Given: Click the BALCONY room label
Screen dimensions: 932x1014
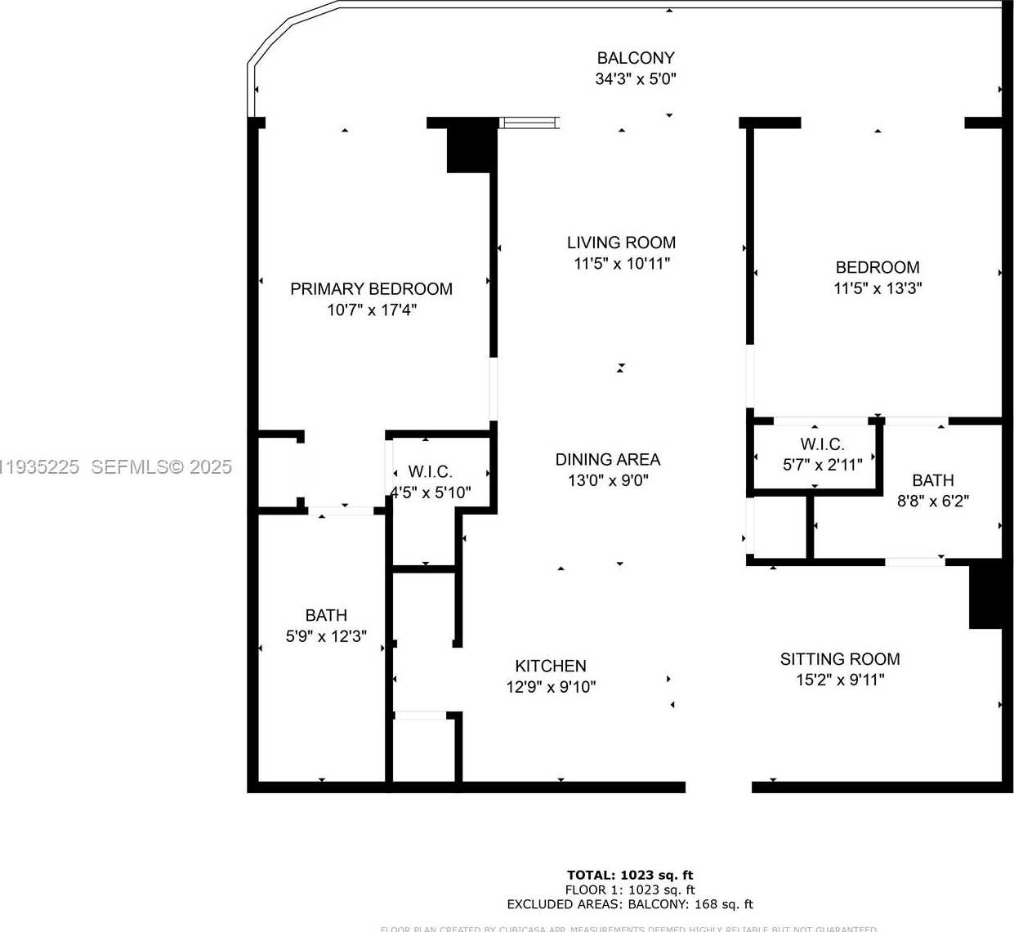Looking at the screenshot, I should [x=636, y=58].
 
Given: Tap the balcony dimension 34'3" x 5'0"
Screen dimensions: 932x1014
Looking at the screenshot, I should [x=636, y=79].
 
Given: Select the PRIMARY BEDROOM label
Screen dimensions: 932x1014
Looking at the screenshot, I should [x=371, y=289].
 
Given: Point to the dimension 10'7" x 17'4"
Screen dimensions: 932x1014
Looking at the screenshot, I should [x=372, y=310].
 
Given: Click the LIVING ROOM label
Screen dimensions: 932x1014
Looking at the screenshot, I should [x=621, y=243].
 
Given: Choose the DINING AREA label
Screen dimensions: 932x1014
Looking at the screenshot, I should [x=608, y=460].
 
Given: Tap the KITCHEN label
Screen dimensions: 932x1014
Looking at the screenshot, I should [x=551, y=667].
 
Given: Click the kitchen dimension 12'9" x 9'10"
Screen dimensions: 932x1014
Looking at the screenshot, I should [x=551, y=687].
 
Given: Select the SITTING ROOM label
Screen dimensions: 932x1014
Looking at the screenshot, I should [x=840, y=659].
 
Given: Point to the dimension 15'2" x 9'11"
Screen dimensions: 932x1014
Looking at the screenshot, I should [x=840, y=680].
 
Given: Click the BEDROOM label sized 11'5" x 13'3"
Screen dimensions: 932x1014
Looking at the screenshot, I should [x=878, y=268].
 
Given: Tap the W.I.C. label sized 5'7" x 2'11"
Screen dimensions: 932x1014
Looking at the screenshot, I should [x=822, y=444].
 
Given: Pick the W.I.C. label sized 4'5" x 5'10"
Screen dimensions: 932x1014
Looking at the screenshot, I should [x=430, y=472].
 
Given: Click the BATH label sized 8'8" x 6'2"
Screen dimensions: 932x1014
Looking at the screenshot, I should [x=933, y=480].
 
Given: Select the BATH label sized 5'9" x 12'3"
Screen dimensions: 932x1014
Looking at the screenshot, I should [x=326, y=616].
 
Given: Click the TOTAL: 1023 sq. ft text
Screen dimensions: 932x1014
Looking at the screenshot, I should [x=630, y=875].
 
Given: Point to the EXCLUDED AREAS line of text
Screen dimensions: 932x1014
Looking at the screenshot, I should [x=630, y=904].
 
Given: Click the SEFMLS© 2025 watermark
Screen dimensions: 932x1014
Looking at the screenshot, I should [x=161, y=467].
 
